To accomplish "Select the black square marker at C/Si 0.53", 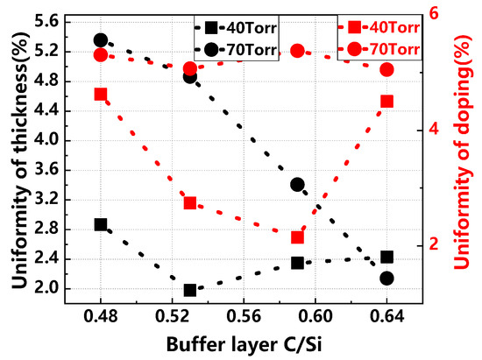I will coord(190,290).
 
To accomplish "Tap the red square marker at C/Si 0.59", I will coord(297,237).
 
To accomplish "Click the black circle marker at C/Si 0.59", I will coord(297,185).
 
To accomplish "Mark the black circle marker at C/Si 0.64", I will coord(386,278).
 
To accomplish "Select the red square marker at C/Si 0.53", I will coord(190,203).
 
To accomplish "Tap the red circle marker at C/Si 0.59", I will coord(297,51).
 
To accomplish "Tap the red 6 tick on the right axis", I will coord(434,14).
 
